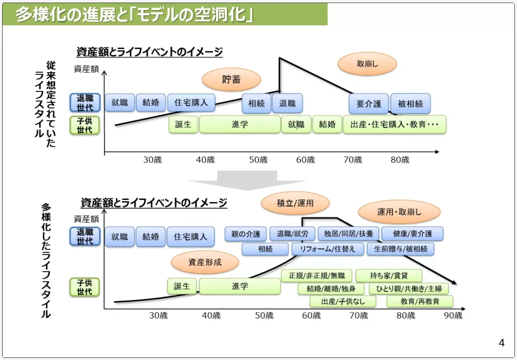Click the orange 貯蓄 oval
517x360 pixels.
click(231, 79)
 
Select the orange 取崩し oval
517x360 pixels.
click(367, 64)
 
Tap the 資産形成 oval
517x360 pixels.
click(204, 262)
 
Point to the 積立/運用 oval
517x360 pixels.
click(295, 203)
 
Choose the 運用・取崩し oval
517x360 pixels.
click(399, 213)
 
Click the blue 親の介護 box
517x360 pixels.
click(245, 234)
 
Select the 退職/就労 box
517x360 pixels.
click(292, 234)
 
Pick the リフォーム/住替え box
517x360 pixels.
click(327, 249)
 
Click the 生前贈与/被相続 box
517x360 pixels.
click(400, 249)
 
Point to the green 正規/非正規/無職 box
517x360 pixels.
click(317, 276)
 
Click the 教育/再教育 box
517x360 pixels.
click(420, 301)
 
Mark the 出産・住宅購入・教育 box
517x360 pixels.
click(394, 124)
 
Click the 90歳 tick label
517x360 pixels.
click(453, 316)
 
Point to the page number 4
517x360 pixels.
click(501, 343)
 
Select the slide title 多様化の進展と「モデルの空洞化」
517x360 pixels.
click(134, 15)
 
